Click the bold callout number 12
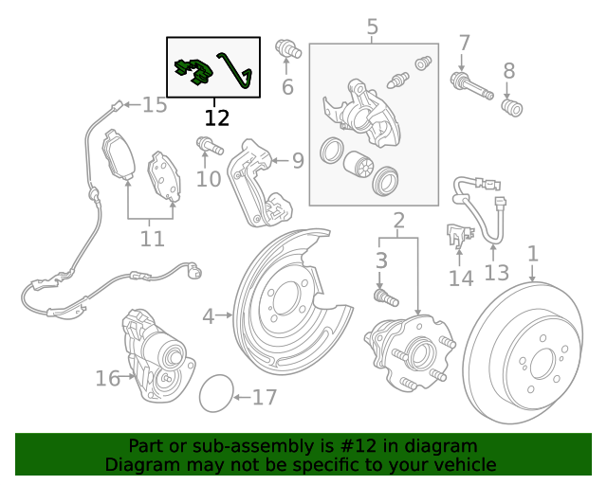pos(216,118)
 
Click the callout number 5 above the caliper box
pos(372,27)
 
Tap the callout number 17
pos(265,397)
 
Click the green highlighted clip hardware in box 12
pos(195,72)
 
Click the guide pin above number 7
pos(472,84)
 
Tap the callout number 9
pos(297,161)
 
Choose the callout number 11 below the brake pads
pos(152,239)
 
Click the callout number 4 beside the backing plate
pos(208,315)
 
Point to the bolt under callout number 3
pos(384,296)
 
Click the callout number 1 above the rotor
pos(533,254)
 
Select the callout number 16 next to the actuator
pos(107,379)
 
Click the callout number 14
pos(460,278)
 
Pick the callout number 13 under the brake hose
pos(496,274)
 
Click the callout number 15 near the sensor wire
pos(155,104)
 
